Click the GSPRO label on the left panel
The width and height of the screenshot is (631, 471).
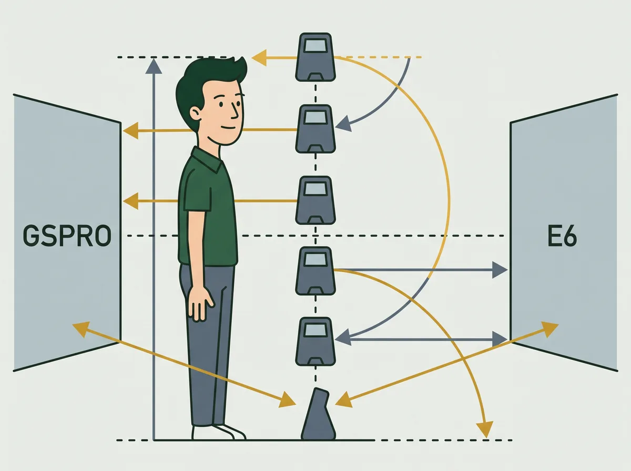[67, 236]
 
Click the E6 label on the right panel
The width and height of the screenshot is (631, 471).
[562, 236]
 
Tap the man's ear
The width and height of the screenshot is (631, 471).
[195, 114]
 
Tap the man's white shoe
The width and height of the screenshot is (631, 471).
[218, 432]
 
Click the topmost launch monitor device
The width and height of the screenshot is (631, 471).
[315, 57]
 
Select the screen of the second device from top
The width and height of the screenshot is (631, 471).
[315, 118]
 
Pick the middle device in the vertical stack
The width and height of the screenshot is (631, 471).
[315, 200]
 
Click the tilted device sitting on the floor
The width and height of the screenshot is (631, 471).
[318, 414]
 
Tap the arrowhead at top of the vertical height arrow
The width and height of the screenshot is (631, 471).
[154, 66]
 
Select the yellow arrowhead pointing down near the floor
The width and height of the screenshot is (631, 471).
[485, 429]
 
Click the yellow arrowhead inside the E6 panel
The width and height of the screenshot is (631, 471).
[549, 329]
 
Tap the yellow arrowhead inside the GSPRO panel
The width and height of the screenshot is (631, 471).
[81, 329]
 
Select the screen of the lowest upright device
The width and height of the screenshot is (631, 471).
[315, 331]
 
